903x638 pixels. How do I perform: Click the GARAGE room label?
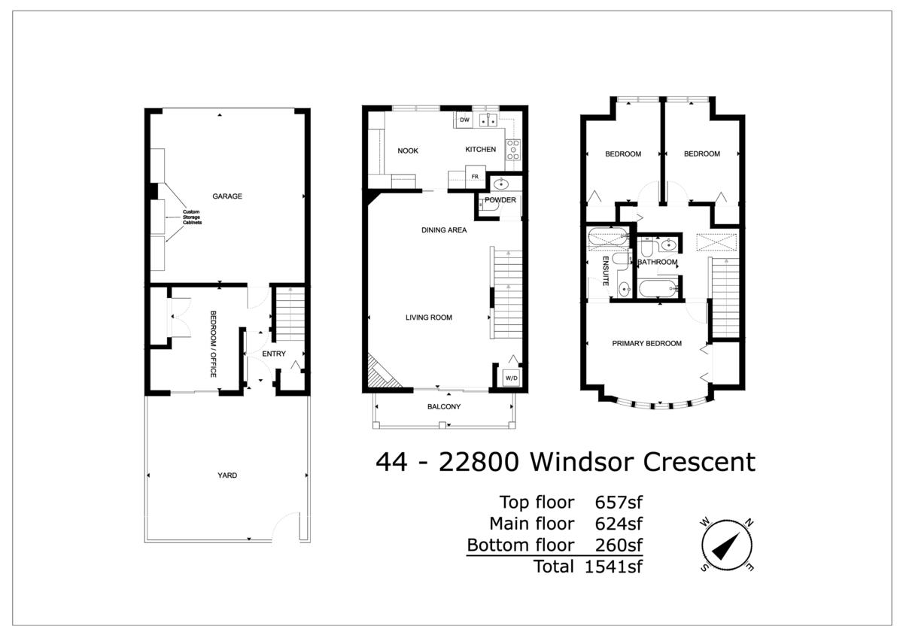coord(227,196)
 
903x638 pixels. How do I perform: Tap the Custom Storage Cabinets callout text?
coord(192,218)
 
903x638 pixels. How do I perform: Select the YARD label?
coord(227,475)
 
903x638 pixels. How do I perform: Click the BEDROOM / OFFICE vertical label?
coord(213,333)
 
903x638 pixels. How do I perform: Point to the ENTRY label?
coord(273,354)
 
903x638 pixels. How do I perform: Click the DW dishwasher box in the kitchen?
coord(464,120)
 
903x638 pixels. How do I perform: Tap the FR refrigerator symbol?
coord(475,177)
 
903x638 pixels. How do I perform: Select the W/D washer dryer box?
coord(511,376)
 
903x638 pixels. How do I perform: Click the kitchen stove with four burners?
coord(513,150)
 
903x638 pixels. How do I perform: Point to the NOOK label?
coord(408,150)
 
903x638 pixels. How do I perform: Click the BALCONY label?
coord(444,407)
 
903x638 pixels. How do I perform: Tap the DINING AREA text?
coord(444,230)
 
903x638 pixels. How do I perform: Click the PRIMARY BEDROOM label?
coord(646,343)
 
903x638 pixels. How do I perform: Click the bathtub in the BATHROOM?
coord(657,289)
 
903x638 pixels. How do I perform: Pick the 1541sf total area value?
coord(613,567)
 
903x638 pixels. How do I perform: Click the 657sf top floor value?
coord(619,503)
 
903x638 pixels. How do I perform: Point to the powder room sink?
coord(500,184)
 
